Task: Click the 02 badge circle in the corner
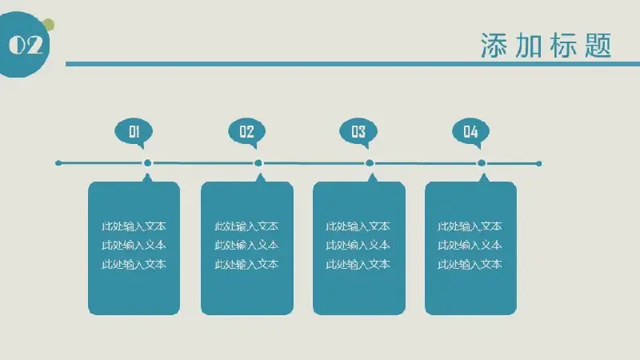[x=24, y=45]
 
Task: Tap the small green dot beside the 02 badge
[x=49, y=25]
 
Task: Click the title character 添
[x=494, y=46]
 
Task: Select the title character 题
[x=598, y=46]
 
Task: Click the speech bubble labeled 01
[x=134, y=132]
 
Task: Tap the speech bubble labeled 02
[x=246, y=132]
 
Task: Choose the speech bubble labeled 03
[x=358, y=132]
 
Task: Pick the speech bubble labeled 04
[x=470, y=132]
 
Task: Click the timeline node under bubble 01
[x=147, y=163]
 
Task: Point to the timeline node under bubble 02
[x=258, y=163]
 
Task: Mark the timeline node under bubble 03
[x=370, y=163]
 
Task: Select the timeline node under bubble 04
[x=482, y=163]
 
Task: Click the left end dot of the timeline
[x=58, y=163]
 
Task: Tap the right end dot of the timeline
[x=538, y=164]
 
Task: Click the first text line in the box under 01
[x=134, y=226]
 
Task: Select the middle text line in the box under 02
[x=246, y=245]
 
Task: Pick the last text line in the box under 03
[x=358, y=264]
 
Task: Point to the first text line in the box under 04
[x=470, y=226]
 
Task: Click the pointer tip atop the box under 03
[x=372, y=174]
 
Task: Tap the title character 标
[x=564, y=46]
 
